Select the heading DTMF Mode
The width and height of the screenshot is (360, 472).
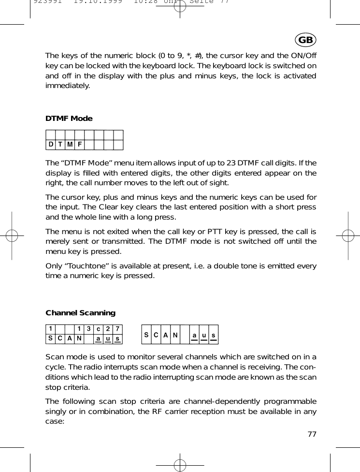(x=69, y=118)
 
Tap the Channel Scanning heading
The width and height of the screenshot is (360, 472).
(x=80, y=313)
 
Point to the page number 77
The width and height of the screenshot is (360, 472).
(x=312, y=434)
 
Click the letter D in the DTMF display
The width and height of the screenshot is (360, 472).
(x=50, y=145)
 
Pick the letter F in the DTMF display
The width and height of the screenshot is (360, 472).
(x=80, y=145)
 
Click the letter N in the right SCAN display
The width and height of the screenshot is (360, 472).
(x=175, y=335)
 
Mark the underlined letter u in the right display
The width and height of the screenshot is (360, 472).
(x=203, y=335)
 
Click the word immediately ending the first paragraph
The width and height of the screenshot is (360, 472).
(x=67, y=86)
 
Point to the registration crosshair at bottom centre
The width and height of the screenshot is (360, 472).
(x=180, y=465)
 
